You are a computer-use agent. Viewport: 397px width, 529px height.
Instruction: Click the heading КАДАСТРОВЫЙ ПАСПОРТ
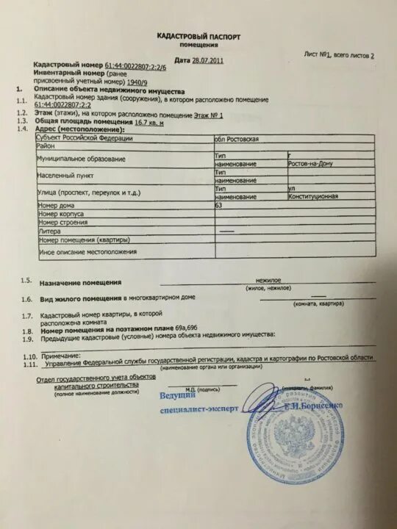pyautogui.click(x=198, y=36)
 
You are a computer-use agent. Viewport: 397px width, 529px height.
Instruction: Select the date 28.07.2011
pyautogui.click(x=207, y=60)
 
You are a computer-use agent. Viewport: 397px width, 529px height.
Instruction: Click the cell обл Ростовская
pyautogui.click(x=237, y=138)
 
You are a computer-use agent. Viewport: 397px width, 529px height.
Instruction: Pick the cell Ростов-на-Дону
pyautogui.click(x=315, y=165)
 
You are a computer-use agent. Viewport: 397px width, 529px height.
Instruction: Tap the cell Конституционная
pyautogui.click(x=314, y=197)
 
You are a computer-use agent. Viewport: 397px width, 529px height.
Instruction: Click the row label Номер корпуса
pyautogui.click(x=62, y=214)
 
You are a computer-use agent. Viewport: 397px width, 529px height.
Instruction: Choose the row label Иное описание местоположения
pyautogui.click(x=88, y=251)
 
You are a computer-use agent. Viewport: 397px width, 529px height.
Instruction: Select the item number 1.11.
pyautogui.click(x=29, y=364)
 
